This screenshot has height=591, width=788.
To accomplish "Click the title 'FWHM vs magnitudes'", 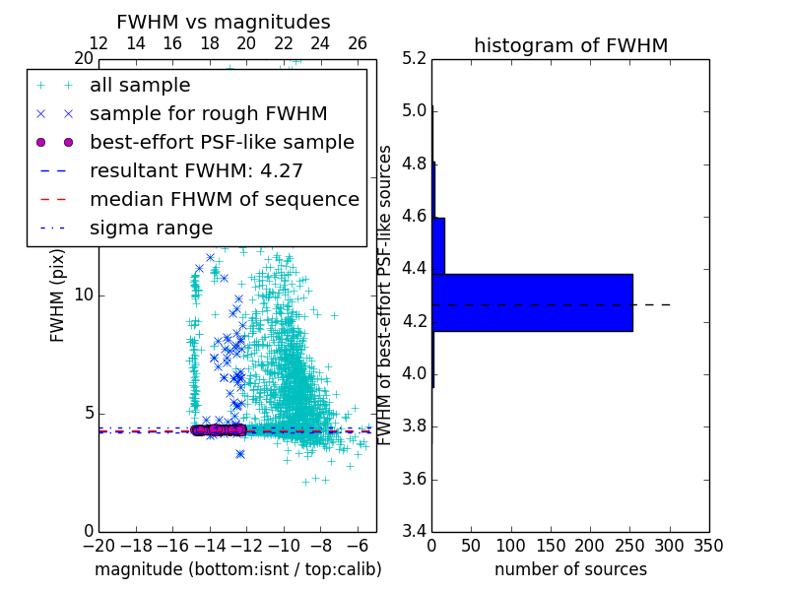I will pos(224,22).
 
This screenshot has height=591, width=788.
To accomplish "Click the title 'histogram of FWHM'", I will pos(570,45).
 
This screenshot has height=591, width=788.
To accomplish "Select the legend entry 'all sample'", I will pos(140,86).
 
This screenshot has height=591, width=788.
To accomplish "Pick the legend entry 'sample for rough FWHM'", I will pos(208,113).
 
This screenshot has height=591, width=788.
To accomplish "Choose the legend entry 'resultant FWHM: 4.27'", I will pos(196,170).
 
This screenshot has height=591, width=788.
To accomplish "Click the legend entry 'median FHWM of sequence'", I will pos(224,199).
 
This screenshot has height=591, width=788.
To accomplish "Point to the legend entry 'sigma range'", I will pos(151,228).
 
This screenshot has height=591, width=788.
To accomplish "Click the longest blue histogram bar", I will pos(532,302).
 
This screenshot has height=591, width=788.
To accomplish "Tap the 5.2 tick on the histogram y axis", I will pos(415,58).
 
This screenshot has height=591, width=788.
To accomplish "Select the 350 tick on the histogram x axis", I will pos(708,545).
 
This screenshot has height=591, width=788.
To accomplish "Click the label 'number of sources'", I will pos(570,569).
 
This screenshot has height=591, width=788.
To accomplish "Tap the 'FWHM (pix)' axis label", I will pos(58,295).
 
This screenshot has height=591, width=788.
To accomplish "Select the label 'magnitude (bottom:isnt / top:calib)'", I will pos(237,569).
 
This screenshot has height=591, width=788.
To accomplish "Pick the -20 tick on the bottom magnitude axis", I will pos(98,545).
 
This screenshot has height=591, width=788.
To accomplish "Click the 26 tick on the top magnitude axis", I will pos(358,43).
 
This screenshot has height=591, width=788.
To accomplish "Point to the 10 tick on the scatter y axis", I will pos(84,295).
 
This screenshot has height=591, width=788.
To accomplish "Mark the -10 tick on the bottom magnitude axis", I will pos(284,545).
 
